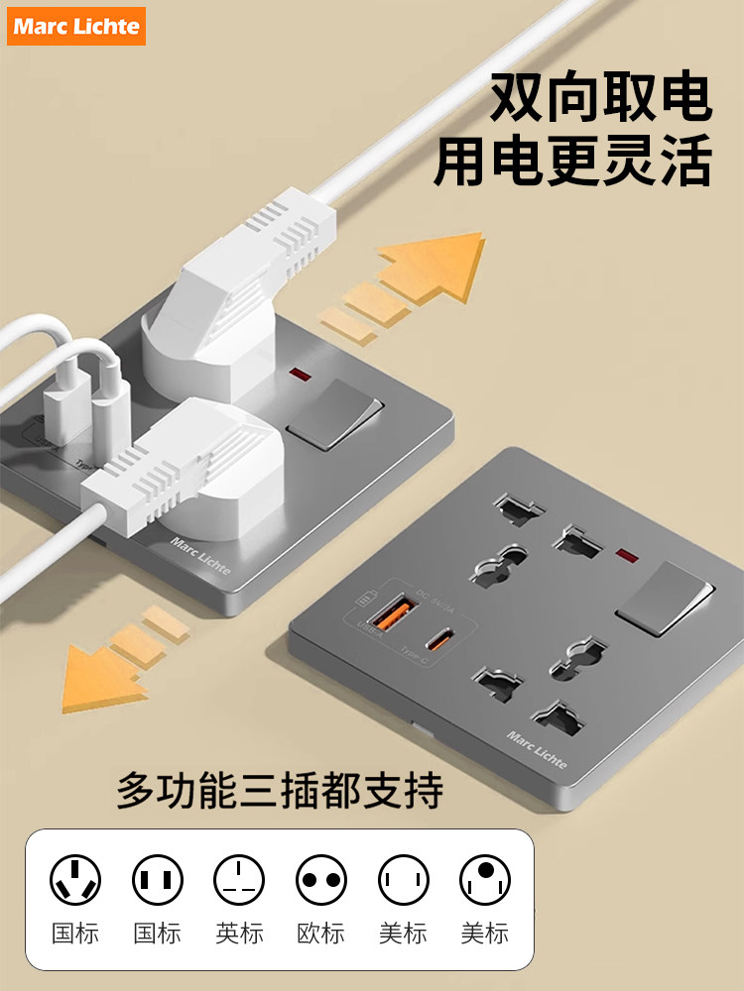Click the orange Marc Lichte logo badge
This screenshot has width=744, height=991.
(x=76, y=26)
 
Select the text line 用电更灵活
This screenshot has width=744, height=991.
(x=573, y=162)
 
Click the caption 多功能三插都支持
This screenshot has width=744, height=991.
(x=281, y=790)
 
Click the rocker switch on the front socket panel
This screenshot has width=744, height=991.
(x=664, y=598)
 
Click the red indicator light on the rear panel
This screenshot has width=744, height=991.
(x=295, y=375)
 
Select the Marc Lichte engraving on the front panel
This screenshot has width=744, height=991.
(x=537, y=749)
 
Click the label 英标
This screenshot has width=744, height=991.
(x=239, y=933)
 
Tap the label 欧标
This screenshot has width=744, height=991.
(x=320, y=933)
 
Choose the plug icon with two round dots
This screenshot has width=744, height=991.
(x=321, y=879)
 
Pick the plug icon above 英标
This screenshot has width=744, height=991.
(x=239, y=879)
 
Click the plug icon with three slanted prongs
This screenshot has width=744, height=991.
(x=75, y=879)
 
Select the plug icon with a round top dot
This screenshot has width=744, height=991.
(x=484, y=879)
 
